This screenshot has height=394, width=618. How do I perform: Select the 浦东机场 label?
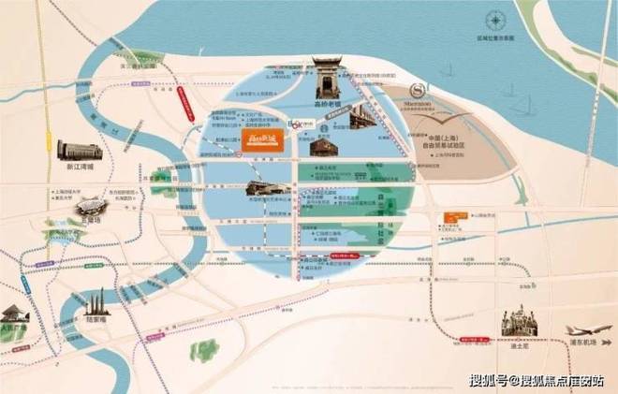[x=585, y=355]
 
